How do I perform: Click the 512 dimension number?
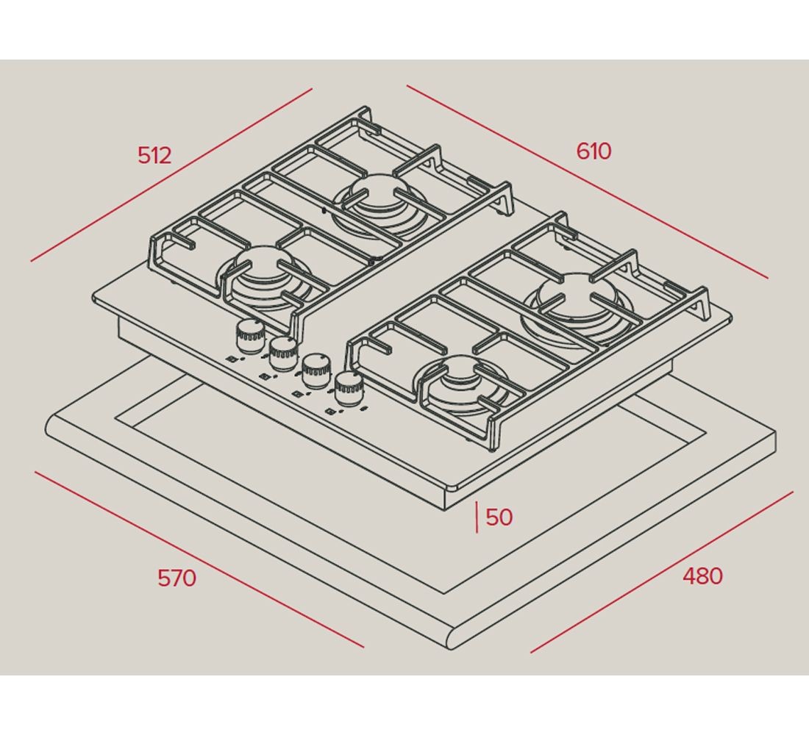[x=154, y=155]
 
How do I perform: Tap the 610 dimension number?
[x=594, y=151]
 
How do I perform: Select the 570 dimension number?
[x=177, y=578]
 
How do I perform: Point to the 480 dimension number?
[x=702, y=576]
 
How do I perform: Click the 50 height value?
[x=499, y=517]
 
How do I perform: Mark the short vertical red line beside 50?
[x=477, y=517]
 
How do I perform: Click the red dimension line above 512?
[x=171, y=175]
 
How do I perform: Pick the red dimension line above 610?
[x=587, y=182]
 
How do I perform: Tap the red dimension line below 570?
[x=199, y=559]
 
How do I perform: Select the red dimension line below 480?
[x=662, y=572]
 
